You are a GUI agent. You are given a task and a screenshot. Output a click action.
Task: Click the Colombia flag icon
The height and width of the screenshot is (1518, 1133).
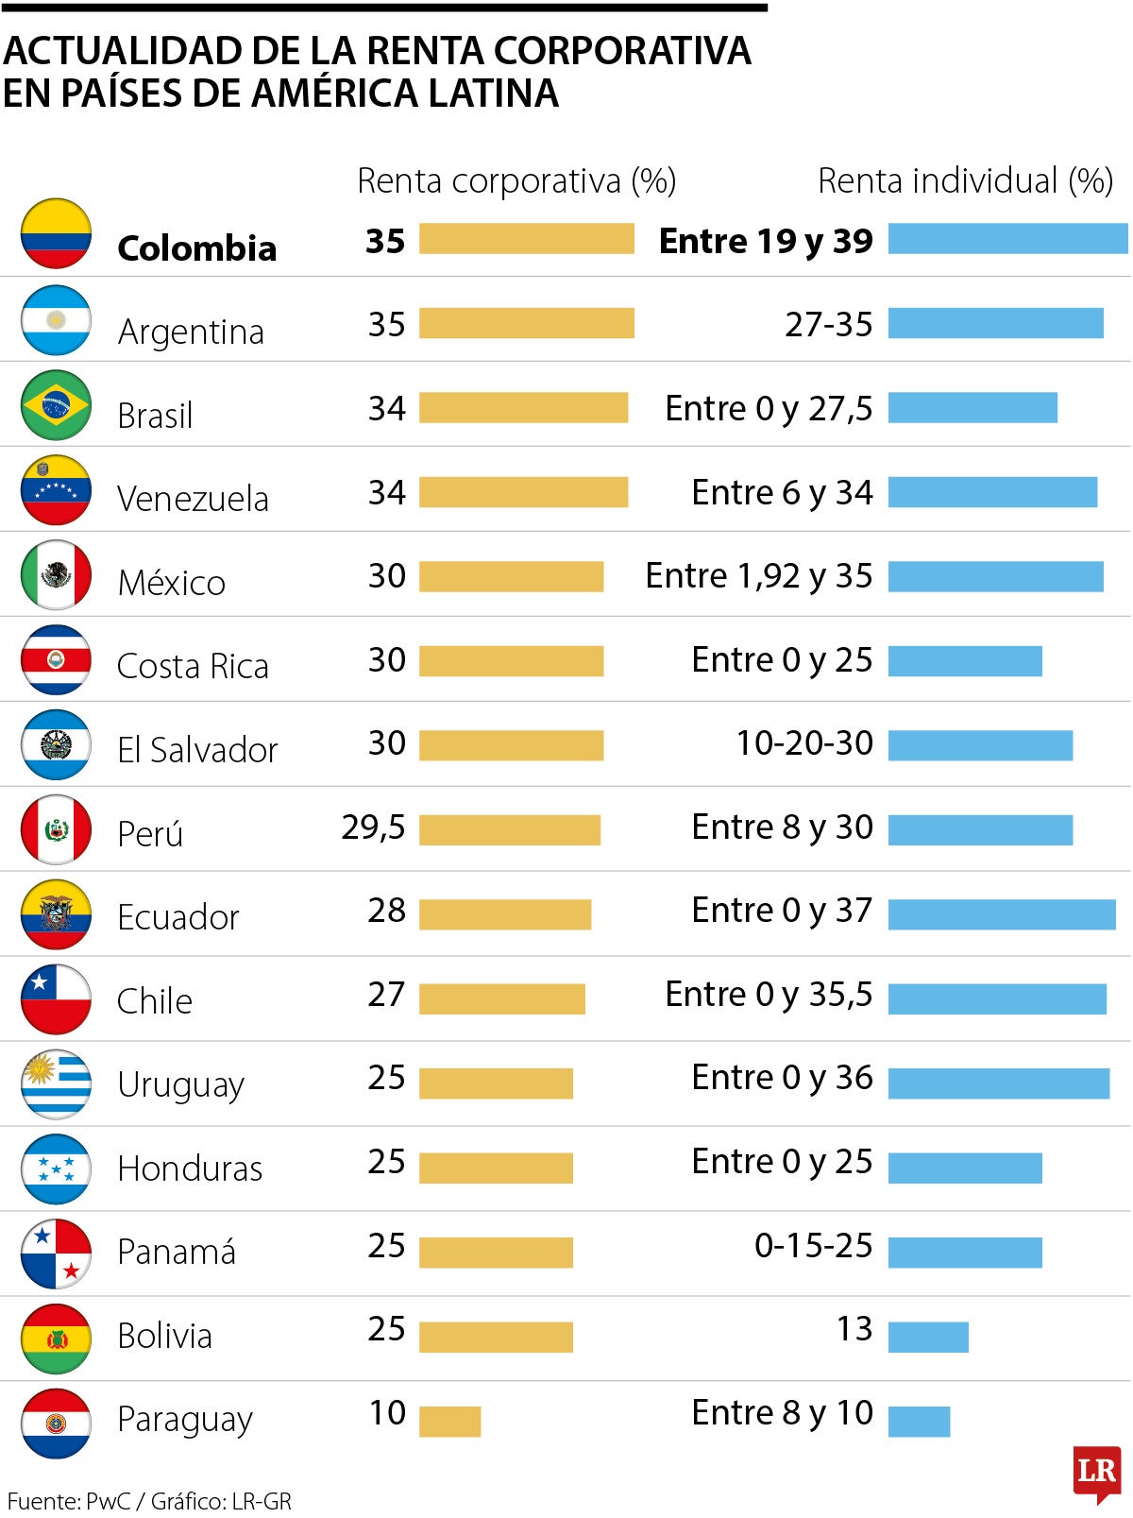(56, 233)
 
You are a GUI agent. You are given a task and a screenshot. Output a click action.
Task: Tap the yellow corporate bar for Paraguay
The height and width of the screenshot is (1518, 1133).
(449, 1421)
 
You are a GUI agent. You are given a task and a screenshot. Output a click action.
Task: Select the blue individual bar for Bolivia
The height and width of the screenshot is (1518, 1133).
(928, 1337)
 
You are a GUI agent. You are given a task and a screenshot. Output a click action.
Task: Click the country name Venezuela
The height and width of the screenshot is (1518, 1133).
(193, 499)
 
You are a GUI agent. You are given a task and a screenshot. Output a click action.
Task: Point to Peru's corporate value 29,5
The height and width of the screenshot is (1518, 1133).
(373, 827)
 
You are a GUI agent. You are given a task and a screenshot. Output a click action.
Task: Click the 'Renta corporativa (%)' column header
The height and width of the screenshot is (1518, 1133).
(516, 180)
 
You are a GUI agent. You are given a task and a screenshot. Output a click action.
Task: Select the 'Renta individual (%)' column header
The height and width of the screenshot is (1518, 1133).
(965, 180)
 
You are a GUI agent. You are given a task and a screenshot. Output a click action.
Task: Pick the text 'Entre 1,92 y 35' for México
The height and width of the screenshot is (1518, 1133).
(759, 576)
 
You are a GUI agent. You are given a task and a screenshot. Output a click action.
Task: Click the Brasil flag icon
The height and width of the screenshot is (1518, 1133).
(56, 405)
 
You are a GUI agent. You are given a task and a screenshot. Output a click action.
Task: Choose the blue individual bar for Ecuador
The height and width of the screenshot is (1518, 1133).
(1002, 914)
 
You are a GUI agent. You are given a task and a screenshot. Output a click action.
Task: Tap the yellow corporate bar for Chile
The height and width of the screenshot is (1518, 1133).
(502, 998)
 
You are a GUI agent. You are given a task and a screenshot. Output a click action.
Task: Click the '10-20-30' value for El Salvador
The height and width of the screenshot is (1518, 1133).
(804, 743)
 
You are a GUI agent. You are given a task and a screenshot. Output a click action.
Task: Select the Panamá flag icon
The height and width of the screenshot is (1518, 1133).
(56, 1254)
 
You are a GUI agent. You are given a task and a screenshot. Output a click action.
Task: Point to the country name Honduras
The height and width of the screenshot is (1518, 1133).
(190, 1169)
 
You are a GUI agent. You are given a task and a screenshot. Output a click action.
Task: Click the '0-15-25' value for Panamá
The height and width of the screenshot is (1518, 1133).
(813, 1246)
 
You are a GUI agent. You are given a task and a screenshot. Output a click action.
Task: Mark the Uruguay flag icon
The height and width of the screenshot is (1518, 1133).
(56, 1084)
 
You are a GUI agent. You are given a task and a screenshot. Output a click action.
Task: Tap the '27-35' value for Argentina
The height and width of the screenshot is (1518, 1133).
(829, 325)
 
